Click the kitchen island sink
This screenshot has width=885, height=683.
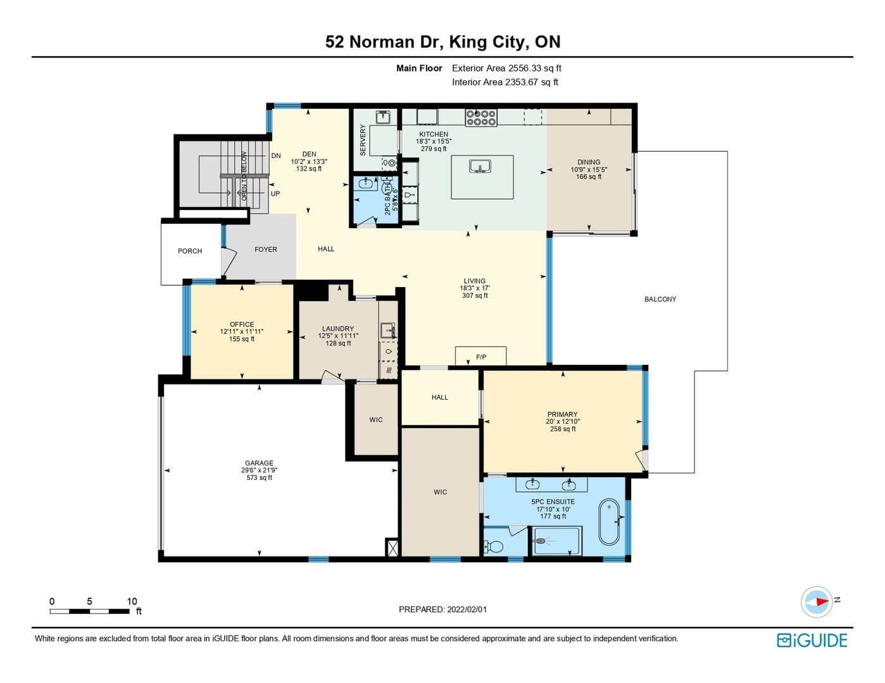480,166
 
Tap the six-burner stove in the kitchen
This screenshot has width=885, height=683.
481,118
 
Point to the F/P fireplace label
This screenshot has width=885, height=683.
481,357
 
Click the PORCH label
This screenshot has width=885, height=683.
190,251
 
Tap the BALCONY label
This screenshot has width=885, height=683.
660,299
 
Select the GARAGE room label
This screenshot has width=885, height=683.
259,463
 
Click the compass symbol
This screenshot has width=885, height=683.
817,601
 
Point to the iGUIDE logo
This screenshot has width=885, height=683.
812,640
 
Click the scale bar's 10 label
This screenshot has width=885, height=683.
132,601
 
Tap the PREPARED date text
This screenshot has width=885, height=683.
442,610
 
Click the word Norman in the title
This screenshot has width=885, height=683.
381,42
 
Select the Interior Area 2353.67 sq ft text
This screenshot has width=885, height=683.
505,82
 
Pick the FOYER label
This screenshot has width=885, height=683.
265,249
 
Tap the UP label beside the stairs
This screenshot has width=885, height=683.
275,194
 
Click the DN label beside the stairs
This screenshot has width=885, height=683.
276,156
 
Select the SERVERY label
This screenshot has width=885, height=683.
363,140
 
